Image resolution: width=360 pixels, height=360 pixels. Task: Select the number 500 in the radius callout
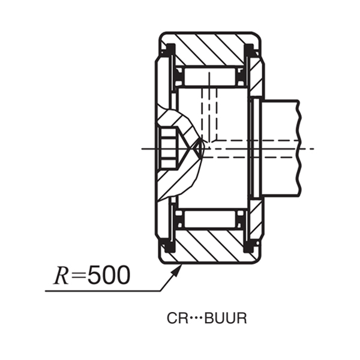tap(108, 275)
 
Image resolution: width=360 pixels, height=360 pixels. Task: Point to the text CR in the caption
tap(175, 319)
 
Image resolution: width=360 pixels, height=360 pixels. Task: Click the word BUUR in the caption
tap(226, 319)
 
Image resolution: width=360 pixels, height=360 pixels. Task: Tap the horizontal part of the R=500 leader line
tap(102, 292)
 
